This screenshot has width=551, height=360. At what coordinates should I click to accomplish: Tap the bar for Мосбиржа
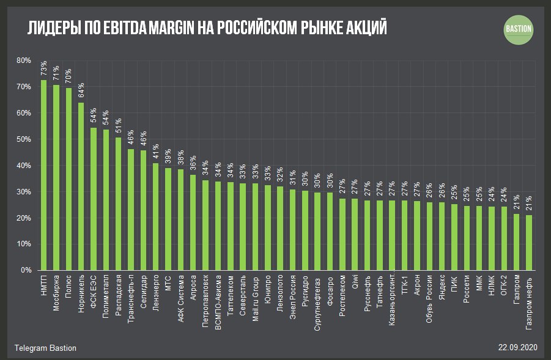56,177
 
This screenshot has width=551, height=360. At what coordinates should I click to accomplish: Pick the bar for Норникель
81,186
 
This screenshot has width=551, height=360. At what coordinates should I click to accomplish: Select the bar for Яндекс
442,236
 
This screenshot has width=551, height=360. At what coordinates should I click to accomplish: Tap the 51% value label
119,127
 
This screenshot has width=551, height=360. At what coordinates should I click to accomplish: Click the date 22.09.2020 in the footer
517,348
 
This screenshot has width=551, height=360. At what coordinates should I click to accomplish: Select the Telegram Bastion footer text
46,348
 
